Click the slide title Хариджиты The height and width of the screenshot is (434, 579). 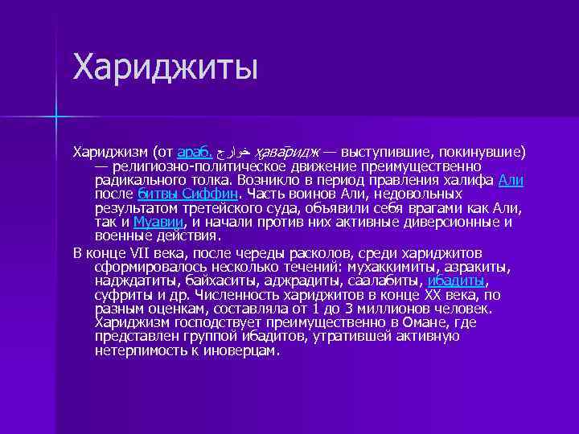[x=166, y=67]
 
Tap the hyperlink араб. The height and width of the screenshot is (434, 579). [x=194, y=151]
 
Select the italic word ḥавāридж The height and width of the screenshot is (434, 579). [x=286, y=151]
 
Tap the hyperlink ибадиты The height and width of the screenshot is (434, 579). [x=457, y=280]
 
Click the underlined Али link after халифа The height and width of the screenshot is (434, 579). [x=511, y=180]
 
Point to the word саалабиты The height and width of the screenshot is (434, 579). [x=384, y=280]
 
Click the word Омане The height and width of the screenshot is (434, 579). [x=413, y=323]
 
